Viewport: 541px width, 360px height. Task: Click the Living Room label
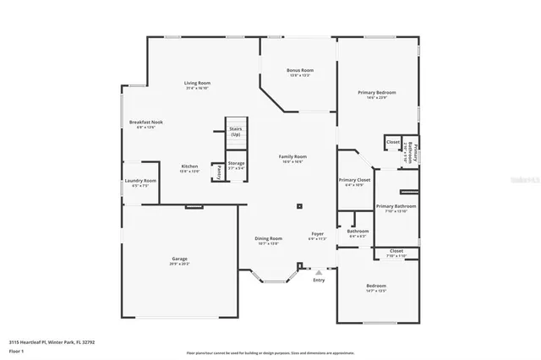[198, 83]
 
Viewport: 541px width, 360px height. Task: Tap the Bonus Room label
[300, 70]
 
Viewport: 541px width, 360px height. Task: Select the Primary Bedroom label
[377, 92]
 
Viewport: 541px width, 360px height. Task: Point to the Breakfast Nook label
[145, 123]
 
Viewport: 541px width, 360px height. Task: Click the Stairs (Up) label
[235, 132]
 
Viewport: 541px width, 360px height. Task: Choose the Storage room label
[236, 163]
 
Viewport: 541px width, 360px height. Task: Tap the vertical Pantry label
[217, 171]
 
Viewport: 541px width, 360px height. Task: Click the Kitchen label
[190, 166]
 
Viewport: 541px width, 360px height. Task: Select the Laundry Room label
[140, 181]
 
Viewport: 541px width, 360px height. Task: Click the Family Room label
[292, 156]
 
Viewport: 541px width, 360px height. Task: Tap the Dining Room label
[268, 238]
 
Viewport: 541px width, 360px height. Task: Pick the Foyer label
[317, 233]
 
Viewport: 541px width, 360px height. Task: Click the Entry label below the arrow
[319, 280]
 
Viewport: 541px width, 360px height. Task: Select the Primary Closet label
[354, 180]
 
